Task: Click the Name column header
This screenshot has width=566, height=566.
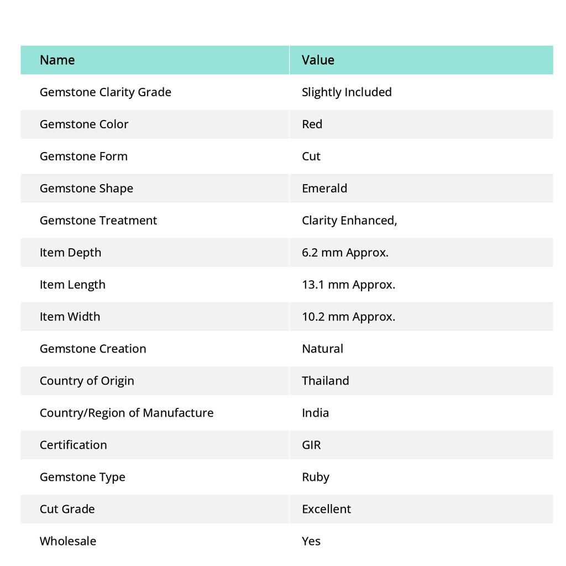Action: pos(57,60)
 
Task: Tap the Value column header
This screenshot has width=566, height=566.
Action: pos(318,60)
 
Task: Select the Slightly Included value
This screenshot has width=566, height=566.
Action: pos(347,92)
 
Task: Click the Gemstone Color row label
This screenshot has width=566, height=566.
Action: pos(84,124)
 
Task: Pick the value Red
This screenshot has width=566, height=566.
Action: pos(312,124)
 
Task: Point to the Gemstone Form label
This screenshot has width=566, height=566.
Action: pos(83,156)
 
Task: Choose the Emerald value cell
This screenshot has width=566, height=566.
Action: pos(324,188)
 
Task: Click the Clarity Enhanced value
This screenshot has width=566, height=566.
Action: pos(349,220)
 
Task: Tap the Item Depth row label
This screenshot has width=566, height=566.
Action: pos(70,252)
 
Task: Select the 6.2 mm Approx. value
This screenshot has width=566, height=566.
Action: pos(345,252)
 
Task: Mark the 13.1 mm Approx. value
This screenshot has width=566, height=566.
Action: pos(348,284)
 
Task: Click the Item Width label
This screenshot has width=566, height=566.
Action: pos(70,316)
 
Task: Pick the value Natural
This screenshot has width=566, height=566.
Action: pos(322,348)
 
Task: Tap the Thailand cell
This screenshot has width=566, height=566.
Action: pos(325,380)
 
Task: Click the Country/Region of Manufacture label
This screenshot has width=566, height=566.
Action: pos(127,412)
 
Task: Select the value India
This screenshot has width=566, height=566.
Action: pos(315,412)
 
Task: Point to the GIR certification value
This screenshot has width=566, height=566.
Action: pos(311,444)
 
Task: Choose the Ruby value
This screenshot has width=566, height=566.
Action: pos(315,476)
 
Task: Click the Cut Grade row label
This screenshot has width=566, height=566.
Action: pos(67,509)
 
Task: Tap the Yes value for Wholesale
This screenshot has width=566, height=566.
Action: pos(311,541)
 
